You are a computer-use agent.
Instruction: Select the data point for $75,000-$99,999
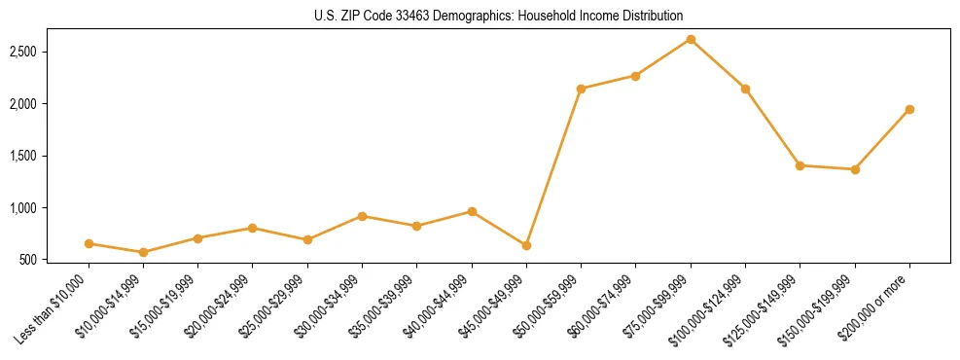pyautogui.click(x=691, y=39)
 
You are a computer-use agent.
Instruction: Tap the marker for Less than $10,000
pyautogui.click(x=89, y=243)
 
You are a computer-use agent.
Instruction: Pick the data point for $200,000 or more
pyautogui.click(x=909, y=109)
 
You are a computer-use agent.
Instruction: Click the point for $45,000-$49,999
pyautogui.click(x=526, y=245)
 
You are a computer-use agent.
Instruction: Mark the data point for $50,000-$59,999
pyautogui.click(x=581, y=89)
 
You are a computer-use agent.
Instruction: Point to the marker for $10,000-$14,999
pyautogui.click(x=144, y=252)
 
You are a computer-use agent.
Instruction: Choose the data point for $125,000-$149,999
pyautogui.click(x=800, y=165)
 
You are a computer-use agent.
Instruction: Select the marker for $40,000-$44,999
pyautogui.click(x=472, y=211)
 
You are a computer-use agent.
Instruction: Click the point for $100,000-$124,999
pyautogui.click(x=745, y=89)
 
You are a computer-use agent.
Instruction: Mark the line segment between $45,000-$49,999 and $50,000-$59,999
pyautogui.click(x=553, y=166)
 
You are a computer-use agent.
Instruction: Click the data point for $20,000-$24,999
pyautogui.click(x=253, y=228)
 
